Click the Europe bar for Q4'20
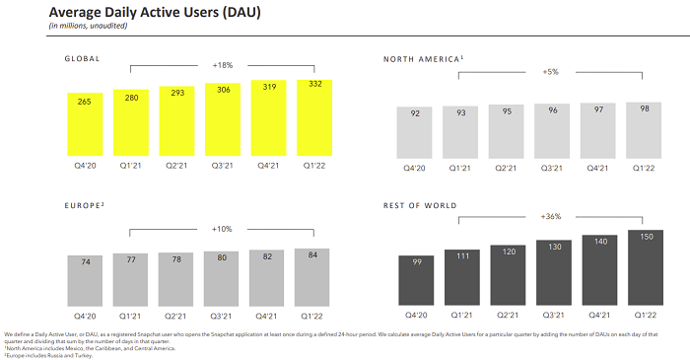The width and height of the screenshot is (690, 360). pyautogui.click(x=85, y=280)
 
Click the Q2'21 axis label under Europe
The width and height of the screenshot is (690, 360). pyautogui.click(x=176, y=317)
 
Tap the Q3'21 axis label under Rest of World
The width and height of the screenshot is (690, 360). pyautogui.click(x=554, y=317)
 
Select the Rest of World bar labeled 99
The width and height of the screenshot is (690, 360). pyautogui.click(x=416, y=280)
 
